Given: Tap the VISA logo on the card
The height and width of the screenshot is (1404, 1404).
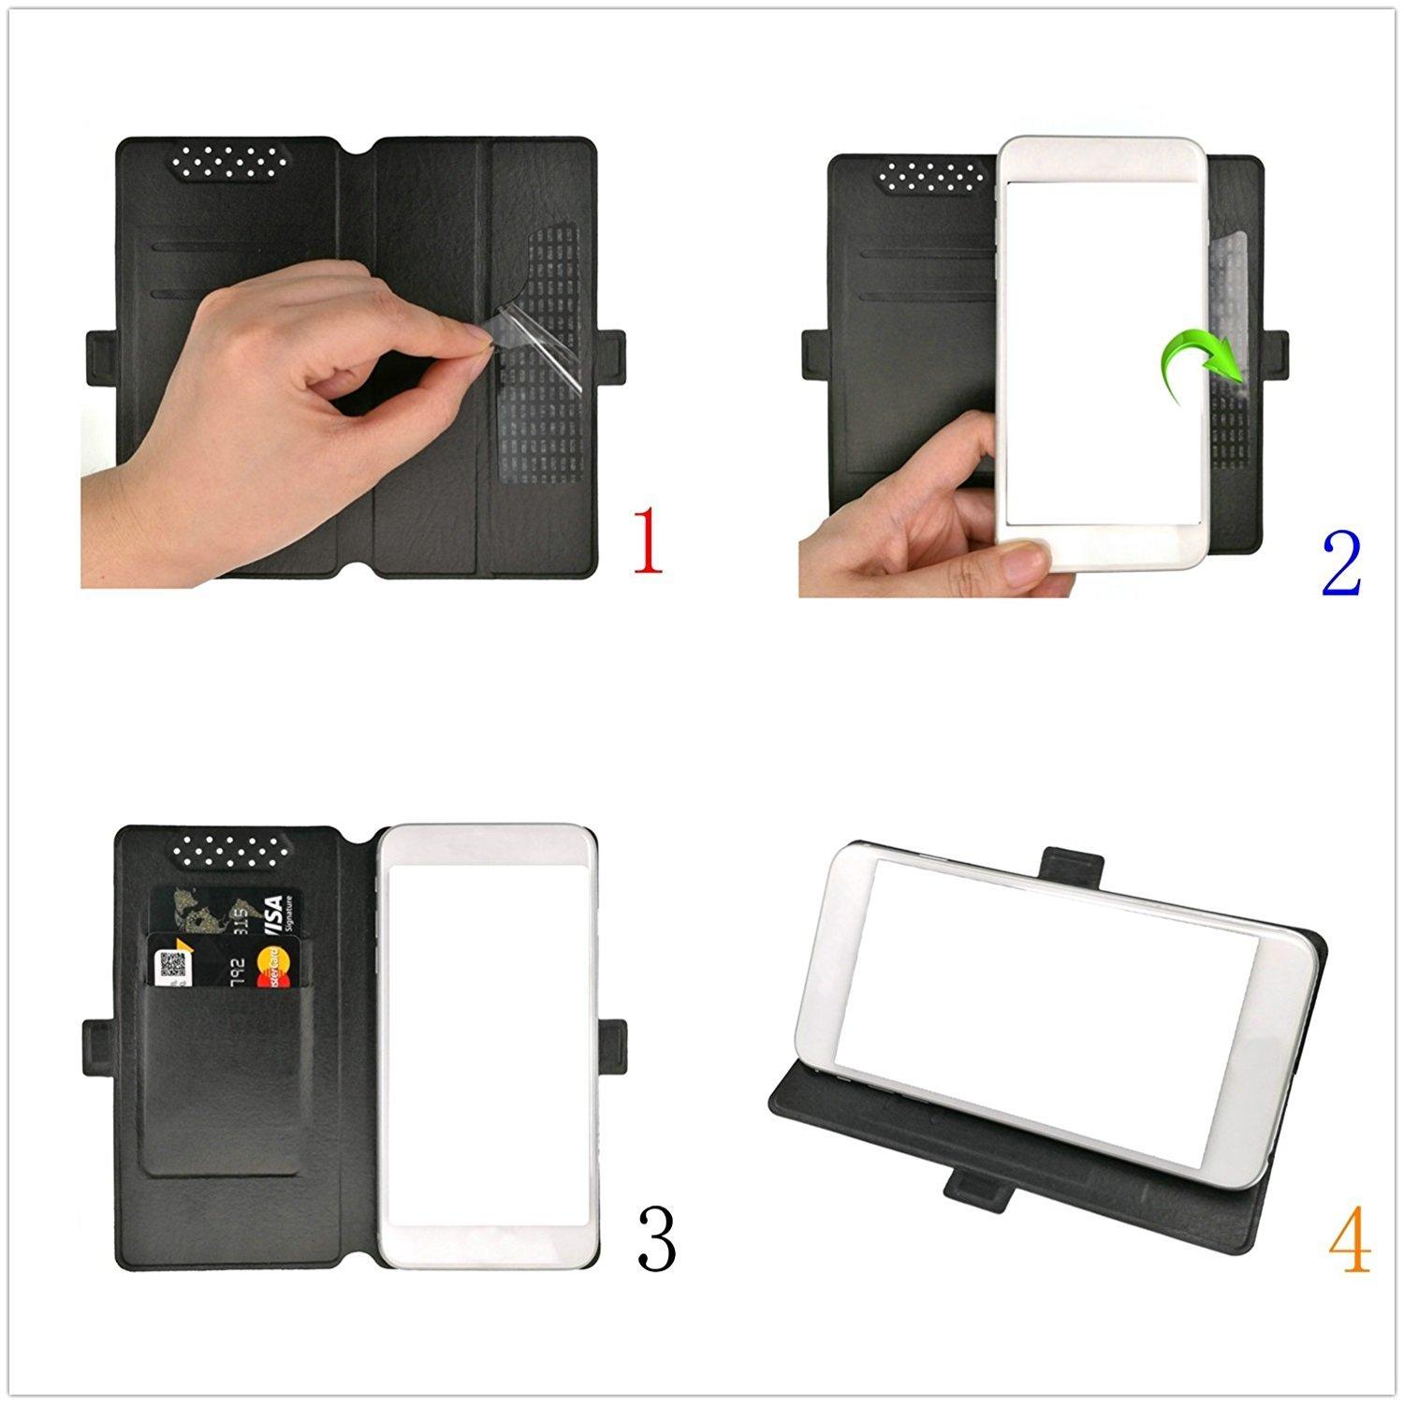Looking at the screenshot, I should [x=271, y=913].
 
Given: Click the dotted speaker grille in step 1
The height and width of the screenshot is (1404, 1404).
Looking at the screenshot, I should [x=231, y=162].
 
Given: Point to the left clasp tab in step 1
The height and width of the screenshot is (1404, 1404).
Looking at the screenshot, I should [x=101, y=357].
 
